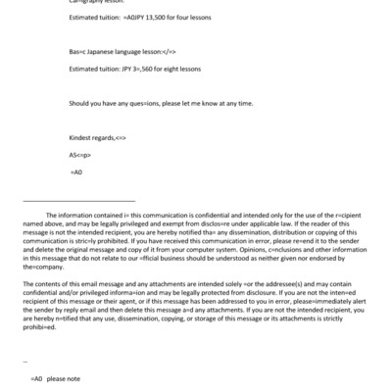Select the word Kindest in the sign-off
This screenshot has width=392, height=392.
(81, 138)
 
